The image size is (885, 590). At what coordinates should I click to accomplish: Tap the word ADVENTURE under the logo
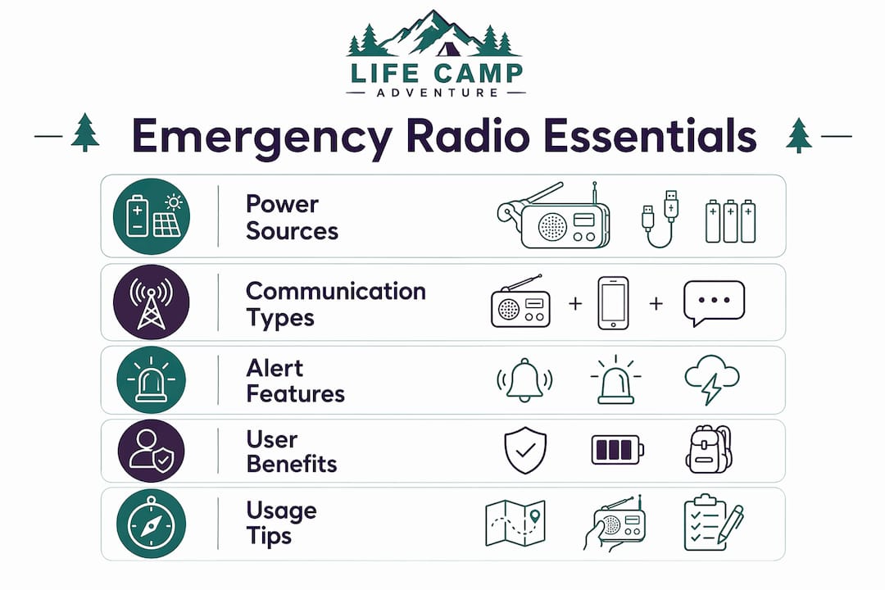[438, 93]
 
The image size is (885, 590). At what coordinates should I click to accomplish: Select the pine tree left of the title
[85, 132]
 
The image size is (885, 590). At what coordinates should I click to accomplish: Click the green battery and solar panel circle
[152, 216]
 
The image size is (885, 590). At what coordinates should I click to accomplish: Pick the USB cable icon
[660, 219]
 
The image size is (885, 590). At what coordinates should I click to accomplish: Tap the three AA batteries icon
[730, 220]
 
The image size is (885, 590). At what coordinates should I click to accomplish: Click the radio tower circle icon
[152, 302]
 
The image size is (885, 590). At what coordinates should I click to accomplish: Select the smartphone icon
[613, 303]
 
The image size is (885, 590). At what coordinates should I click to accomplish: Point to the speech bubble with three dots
[714, 302]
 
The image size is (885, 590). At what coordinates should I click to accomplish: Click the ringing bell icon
[524, 380]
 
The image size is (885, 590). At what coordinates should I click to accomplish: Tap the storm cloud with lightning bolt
[712, 379]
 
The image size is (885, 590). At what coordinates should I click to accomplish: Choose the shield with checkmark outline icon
[525, 450]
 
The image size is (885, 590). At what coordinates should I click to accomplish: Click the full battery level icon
[618, 450]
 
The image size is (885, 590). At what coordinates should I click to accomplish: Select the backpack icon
[709, 449]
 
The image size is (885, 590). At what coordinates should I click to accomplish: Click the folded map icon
[515, 523]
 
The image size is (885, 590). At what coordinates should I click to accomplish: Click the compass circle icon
[152, 524]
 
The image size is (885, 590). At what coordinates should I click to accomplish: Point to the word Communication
[336, 292]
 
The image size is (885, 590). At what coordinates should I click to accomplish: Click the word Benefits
[292, 464]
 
